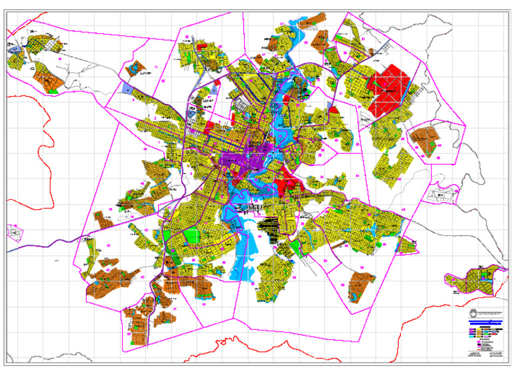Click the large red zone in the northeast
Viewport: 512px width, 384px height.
pos(390,90)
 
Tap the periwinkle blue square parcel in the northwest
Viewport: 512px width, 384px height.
pos(128,90)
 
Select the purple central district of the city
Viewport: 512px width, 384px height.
pos(250,160)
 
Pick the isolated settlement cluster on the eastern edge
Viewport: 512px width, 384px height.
pos(473,280)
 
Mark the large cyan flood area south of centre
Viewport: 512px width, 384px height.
pos(243,253)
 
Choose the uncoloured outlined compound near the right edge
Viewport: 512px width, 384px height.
pos(444,195)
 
